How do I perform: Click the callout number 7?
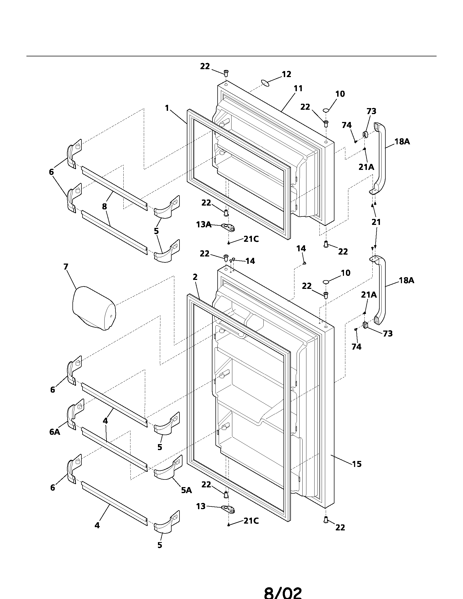66,267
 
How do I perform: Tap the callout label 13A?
203,225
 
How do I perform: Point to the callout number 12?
286,74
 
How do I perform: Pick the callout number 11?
298,88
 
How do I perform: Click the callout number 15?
357,464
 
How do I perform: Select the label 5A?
186,490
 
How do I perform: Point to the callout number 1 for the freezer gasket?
167,108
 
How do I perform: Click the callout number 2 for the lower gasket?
195,277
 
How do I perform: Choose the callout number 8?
105,207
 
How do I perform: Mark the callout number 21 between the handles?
376,222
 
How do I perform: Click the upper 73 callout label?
371,111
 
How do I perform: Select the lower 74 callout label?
356,347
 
